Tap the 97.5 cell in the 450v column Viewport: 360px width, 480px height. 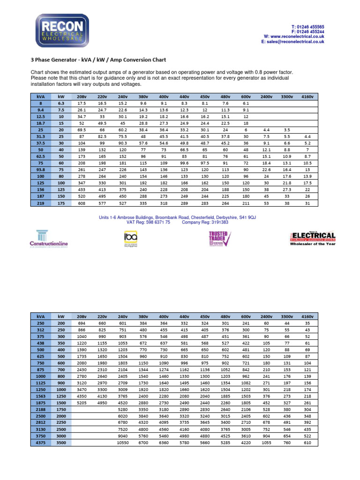pos(205,162)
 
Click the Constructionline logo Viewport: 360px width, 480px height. pos(49,240)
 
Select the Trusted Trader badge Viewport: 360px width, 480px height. pos(218,238)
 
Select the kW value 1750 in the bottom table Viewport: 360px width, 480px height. pos(61,409)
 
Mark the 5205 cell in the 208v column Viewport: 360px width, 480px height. pos(82,402)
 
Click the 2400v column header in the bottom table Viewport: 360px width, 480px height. pos(267,316)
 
